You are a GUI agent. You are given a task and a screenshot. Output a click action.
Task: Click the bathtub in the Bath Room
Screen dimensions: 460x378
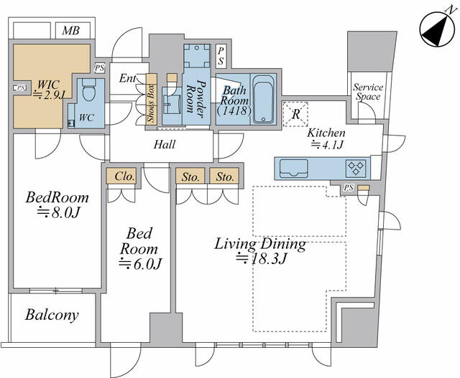pyautogui.click(x=263, y=99)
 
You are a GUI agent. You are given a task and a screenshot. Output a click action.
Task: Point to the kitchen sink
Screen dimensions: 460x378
pyautogui.click(x=294, y=169)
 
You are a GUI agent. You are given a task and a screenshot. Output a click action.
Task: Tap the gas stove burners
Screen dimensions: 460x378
pyautogui.click(x=356, y=169)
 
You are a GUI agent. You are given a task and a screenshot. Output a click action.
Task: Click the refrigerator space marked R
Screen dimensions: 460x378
pyautogui.click(x=295, y=114)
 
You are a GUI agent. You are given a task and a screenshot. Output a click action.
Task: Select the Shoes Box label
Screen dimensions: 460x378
pyautogui.click(x=152, y=103)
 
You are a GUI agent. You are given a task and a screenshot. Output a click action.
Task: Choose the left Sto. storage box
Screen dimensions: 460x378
pyautogui.click(x=190, y=176)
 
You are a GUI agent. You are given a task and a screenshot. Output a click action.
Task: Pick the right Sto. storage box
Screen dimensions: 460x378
pyautogui.click(x=224, y=176)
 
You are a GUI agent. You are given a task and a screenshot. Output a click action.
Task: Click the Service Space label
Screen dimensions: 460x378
pyautogui.click(x=368, y=92)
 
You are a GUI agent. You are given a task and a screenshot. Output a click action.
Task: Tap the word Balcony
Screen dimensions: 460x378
pyautogui.click(x=52, y=316)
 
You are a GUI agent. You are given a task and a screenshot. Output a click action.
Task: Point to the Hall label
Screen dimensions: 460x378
pyautogui.click(x=165, y=144)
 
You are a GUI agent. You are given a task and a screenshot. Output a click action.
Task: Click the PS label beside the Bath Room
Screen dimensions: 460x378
pyautogui.click(x=221, y=56)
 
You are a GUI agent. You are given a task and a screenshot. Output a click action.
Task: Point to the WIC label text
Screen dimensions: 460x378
pyautogui.click(x=48, y=85)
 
